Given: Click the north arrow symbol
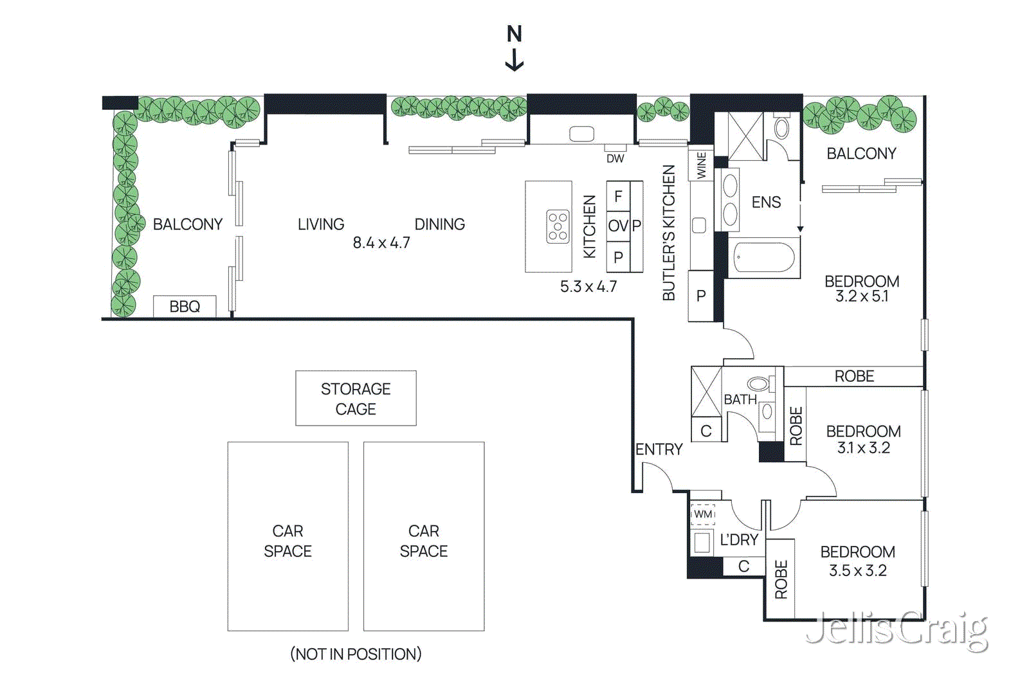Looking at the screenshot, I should pyautogui.click(x=514, y=48).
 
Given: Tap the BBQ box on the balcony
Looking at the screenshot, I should pyautogui.click(x=185, y=307).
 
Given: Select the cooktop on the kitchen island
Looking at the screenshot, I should pyautogui.click(x=558, y=227).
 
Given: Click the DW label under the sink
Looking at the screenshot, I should pyautogui.click(x=615, y=158).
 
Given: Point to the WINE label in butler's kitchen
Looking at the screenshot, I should pyautogui.click(x=701, y=165).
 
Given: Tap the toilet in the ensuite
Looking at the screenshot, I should pyautogui.click(x=781, y=127).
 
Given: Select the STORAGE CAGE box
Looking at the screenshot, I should pyautogui.click(x=356, y=399).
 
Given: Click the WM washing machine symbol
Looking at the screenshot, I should pyautogui.click(x=703, y=514).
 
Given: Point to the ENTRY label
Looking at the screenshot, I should pyautogui.click(x=659, y=449).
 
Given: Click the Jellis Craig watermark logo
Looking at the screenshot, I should pyautogui.click(x=897, y=629).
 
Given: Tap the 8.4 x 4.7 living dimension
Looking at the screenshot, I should pyautogui.click(x=381, y=243).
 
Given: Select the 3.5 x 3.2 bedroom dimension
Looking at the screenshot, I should pyautogui.click(x=857, y=571).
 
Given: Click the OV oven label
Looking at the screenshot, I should pyautogui.click(x=618, y=226).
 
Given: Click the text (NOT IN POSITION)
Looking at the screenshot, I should pyautogui.click(x=356, y=654).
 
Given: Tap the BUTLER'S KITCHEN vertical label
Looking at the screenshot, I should pyautogui.click(x=669, y=233).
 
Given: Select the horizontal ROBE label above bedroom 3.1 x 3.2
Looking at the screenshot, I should pyautogui.click(x=854, y=376).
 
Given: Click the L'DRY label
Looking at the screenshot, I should pyautogui.click(x=739, y=540).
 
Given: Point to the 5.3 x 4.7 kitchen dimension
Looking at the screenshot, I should pyautogui.click(x=588, y=287).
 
